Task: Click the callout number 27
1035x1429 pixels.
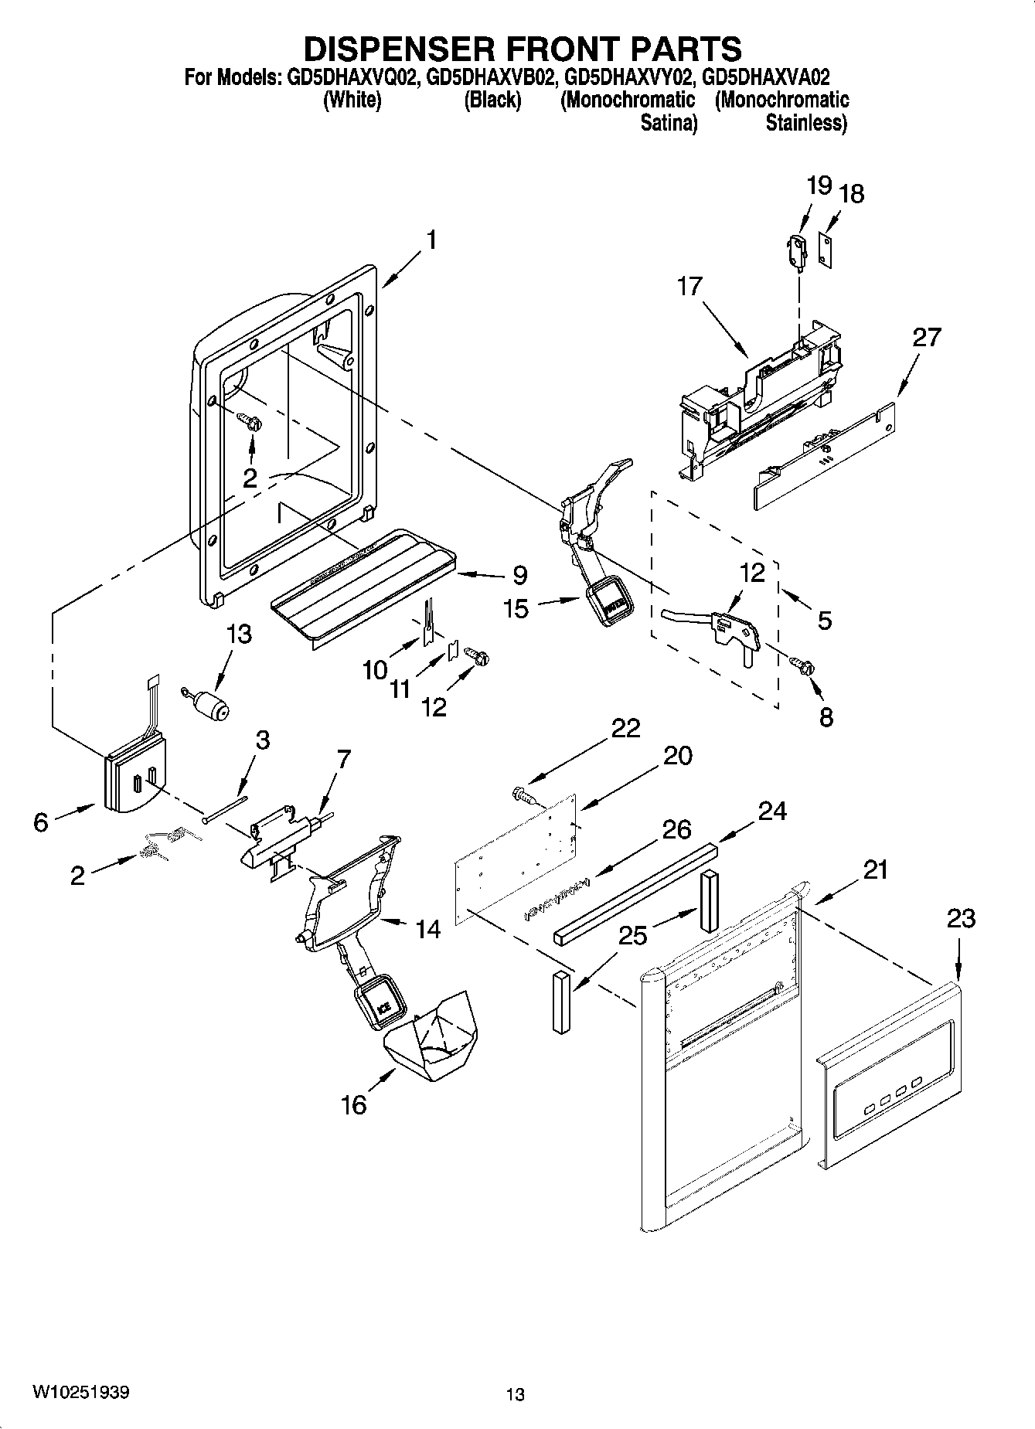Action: pos(927,337)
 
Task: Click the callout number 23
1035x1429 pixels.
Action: pos(960,919)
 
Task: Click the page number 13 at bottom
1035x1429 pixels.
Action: pos(516,1395)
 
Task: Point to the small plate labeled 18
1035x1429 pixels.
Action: pos(827,250)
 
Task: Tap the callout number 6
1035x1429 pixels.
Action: pos(40,822)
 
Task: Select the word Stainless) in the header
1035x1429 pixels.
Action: pos(805,124)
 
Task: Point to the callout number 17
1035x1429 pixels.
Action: pos(689,286)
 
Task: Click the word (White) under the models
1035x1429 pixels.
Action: pos(352,100)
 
